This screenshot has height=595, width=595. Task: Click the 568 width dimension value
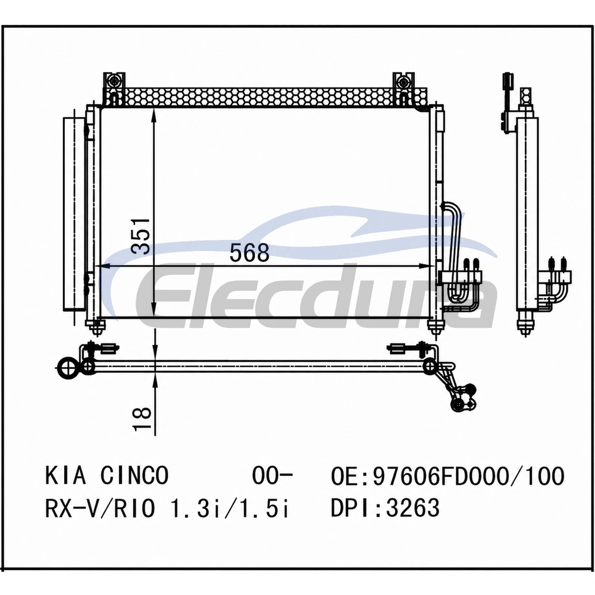[x=249, y=252]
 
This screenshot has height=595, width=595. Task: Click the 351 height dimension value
[x=140, y=236]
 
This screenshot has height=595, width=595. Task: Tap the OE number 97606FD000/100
[x=469, y=476]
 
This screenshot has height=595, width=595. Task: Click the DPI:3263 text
[x=385, y=508]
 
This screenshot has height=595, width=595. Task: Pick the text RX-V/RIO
[x=100, y=508]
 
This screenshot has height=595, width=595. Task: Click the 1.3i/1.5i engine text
[x=230, y=508]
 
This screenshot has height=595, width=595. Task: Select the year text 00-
[x=273, y=475]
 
